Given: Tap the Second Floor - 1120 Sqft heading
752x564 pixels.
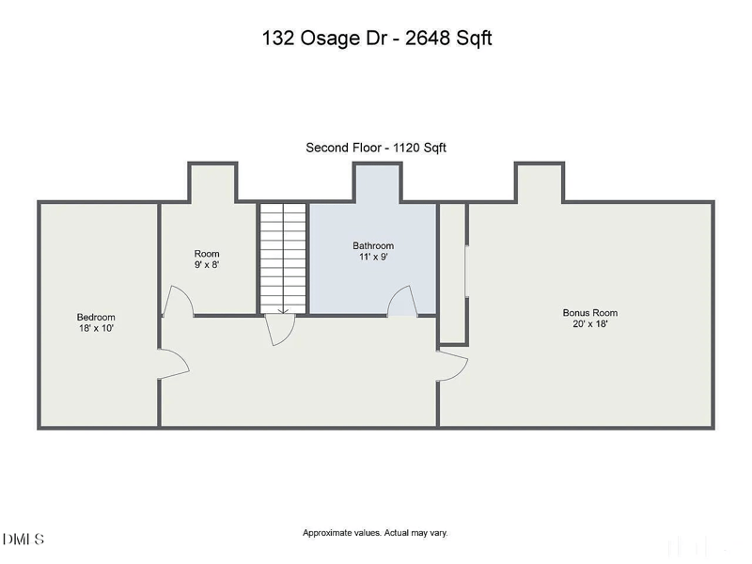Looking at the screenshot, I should [382, 148].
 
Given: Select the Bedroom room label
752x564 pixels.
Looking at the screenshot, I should [96, 318].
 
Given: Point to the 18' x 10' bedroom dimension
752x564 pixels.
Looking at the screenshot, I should [96, 329].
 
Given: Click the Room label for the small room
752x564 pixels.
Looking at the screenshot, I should [207, 254].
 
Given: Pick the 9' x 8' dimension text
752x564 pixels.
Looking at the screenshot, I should [207, 265].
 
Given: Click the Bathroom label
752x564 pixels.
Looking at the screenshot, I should [373, 246].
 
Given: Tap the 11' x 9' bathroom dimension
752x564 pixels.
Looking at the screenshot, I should [373, 258].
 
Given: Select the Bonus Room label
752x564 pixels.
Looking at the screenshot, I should [589, 313].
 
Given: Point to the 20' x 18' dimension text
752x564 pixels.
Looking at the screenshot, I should [589, 324].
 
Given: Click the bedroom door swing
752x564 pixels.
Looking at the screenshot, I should [173, 365].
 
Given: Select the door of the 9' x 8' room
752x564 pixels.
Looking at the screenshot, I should [178, 302].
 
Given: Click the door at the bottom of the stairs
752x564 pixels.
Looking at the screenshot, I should [280, 330].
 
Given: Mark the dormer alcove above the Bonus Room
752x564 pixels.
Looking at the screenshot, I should [539, 182].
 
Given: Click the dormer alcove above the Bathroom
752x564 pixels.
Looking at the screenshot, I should [378, 182].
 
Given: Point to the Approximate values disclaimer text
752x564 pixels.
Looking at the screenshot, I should [375, 533].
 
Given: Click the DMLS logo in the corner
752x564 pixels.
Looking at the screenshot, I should [23, 540].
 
